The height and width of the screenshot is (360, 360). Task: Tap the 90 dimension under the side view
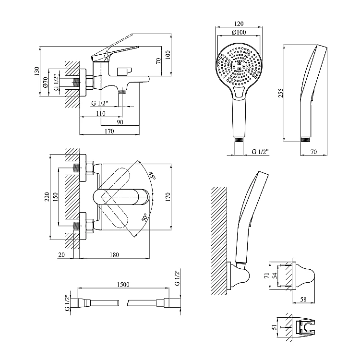tap(119, 122)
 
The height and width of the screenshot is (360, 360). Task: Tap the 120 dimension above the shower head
tap(240, 23)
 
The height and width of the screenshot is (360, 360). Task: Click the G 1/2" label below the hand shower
tap(260, 152)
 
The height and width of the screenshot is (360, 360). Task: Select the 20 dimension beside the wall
tap(61, 255)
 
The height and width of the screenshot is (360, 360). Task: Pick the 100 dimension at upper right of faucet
tap(168, 54)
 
